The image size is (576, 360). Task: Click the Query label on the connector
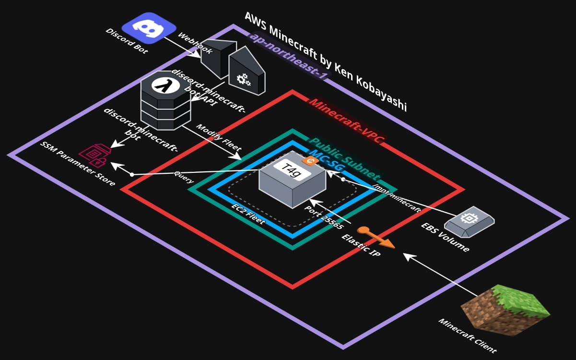click(184, 179)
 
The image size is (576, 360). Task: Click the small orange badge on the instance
click(310, 162)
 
